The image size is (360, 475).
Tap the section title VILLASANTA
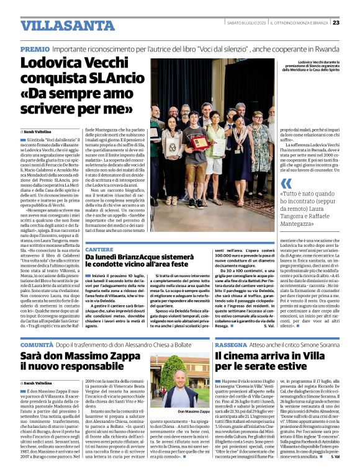58,25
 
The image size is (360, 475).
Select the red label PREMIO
35,48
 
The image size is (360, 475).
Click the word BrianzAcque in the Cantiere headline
148,257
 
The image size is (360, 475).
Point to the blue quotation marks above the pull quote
286,184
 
